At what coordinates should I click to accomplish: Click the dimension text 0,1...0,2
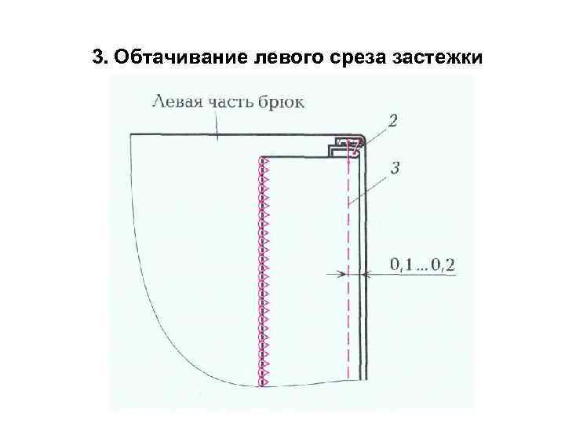[x=422, y=265]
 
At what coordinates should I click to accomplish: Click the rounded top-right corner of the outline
[x=363, y=138]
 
